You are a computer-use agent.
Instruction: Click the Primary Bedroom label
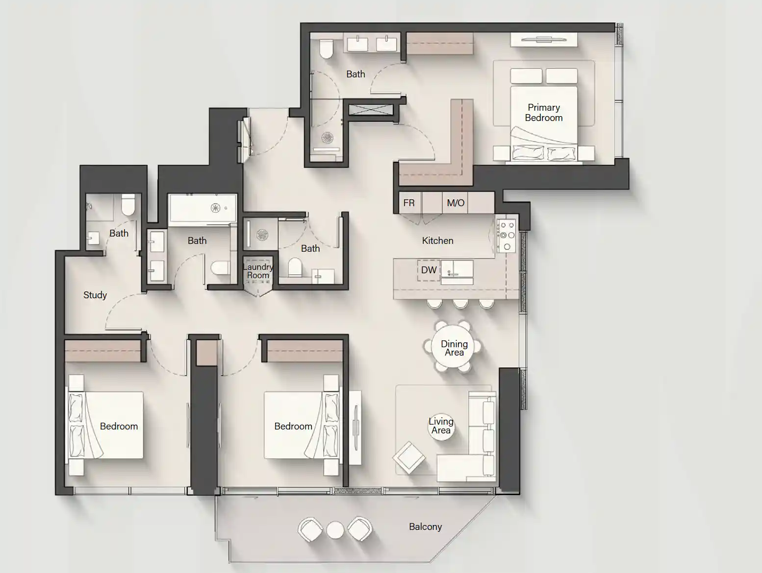coord(543,113)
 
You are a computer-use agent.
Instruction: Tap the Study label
coord(95,295)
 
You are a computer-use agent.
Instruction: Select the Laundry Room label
coord(258,271)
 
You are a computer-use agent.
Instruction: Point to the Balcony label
coord(425,526)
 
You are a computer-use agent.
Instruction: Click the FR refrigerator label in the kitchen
coord(409,203)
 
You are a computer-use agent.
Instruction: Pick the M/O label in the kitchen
coord(456,203)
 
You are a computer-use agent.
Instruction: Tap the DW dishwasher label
coord(429,270)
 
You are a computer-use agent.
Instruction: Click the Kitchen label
coord(437,240)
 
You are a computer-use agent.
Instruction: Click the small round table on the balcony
coord(335,530)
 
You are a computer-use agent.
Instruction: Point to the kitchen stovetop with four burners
coord(506,235)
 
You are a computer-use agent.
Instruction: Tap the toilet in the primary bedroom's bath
coord(326,48)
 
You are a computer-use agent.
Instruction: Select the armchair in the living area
coord(408,457)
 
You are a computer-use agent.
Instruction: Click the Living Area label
coord(441,426)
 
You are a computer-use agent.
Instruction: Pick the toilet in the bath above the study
coord(128,205)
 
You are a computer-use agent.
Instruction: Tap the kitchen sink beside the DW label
coord(456,270)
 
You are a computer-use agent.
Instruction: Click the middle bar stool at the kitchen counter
coord(460,304)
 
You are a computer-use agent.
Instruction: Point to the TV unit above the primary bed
coord(544,40)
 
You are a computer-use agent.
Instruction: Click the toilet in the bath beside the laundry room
coord(295,267)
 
